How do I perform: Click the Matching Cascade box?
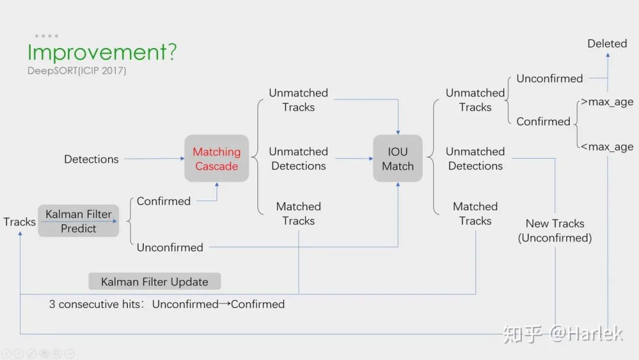click(217, 159)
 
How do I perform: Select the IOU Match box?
click(398, 159)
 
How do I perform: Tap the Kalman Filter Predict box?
click(79, 221)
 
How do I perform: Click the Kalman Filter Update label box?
click(154, 281)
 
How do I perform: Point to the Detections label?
click(91, 159)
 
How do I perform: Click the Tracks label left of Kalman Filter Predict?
click(20, 222)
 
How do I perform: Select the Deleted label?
click(607, 44)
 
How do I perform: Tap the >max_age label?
click(607, 102)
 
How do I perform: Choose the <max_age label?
click(607, 147)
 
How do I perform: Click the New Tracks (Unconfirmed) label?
click(555, 231)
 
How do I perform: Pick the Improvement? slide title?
click(102, 52)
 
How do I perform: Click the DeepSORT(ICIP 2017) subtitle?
click(76, 71)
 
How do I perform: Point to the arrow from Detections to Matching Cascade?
click(154, 159)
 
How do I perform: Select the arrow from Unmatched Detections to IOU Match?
click(354, 159)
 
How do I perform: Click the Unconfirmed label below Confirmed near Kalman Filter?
click(170, 247)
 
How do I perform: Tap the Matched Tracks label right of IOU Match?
click(475, 214)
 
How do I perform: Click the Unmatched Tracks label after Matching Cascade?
click(298, 100)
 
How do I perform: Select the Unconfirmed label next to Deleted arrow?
click(550, 79)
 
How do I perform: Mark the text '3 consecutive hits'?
click(95, 304)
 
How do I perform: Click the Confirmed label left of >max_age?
click(543, 121)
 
